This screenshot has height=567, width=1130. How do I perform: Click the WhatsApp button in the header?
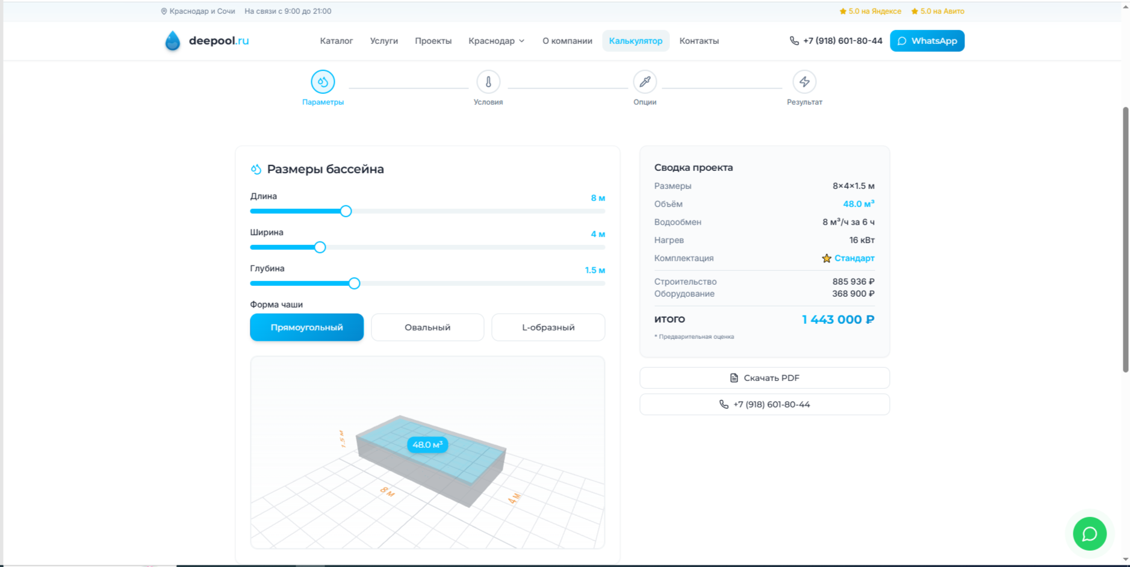tap(927, 41)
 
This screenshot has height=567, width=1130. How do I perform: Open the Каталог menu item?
tap(337, 41)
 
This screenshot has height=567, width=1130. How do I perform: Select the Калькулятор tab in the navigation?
tap(636, 41)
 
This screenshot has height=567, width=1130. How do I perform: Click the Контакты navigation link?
tap(699, 41)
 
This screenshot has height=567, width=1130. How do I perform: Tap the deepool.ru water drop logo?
tap(173, 41)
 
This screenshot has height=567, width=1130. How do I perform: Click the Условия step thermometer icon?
tap(488, 82)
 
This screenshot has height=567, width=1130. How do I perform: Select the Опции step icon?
tap(645, 82)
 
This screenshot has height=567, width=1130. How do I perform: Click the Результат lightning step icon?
tap(804, 82)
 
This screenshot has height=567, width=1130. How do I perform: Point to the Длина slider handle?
tap(346, 211)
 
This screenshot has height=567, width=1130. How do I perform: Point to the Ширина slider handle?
tap(320, 247)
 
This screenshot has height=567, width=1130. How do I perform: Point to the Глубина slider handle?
tap(355, 283)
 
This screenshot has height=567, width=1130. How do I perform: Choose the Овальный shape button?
tap(427, 327)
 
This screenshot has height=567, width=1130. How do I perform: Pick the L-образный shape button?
tap(548, 327)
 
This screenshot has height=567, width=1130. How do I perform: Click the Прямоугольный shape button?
tap(307, 327)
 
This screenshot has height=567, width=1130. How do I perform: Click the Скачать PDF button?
tap(765, 378)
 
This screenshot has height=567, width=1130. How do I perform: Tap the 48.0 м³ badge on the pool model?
tap(427, 445)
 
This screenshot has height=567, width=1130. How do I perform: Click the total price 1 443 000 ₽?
tap(838, 320)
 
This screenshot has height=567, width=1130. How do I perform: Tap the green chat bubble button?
tap(1090, 534)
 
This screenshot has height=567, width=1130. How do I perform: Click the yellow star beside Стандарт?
tap(827, 258)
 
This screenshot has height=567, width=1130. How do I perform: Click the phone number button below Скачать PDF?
tap(765, 404)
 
